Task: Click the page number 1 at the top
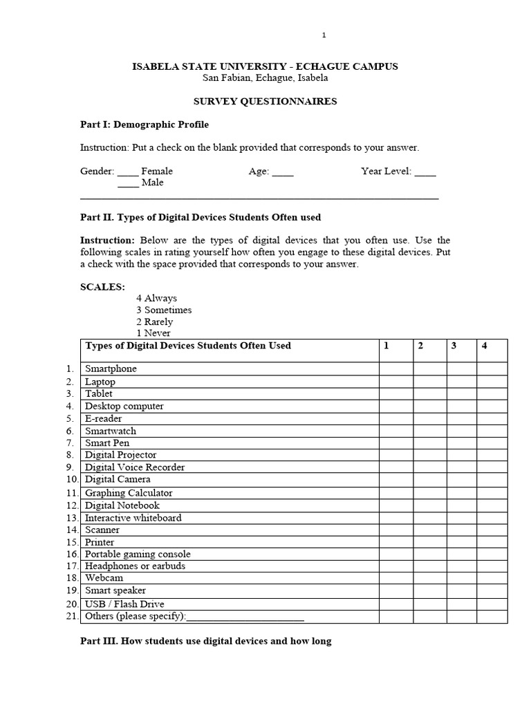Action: click(x=324, y=35)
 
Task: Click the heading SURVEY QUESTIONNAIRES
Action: click(x=265, y=101)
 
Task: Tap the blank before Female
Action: click(x=128, y=171)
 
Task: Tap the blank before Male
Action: click(x=128, y=183)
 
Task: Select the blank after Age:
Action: click(x=283, y=171)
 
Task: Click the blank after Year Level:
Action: click(x=425, y=171)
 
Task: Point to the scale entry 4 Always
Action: click(x=156, y=298)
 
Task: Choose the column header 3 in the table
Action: click(x=454, y=346)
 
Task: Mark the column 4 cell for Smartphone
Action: click(x=492, y=369)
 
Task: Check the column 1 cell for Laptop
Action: click(x=395, y=382)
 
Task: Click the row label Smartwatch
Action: click(x=111, y=431)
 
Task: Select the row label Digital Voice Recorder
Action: click(x=135, y=467)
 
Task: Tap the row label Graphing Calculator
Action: click(x=129, y=493)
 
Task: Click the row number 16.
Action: click(x=73, y=555)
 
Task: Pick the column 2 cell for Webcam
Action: click(x=429, y=578)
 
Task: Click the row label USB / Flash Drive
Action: click(x=124, y=604)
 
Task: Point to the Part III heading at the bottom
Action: click(x=206, y=641)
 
